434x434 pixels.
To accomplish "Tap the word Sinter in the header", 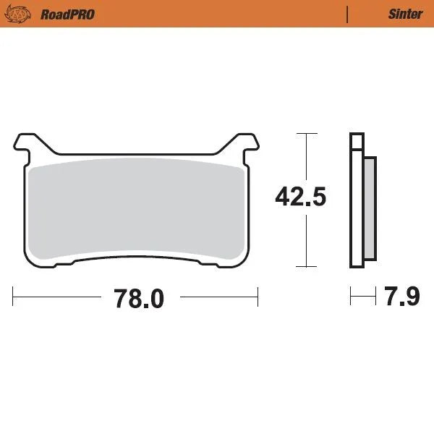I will (405, 14).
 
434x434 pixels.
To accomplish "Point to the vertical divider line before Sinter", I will (349, 14).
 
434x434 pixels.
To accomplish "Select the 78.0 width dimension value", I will (137, 297).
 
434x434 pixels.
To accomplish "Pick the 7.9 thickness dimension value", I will (401, 297).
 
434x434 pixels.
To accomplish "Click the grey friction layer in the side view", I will (369, 209).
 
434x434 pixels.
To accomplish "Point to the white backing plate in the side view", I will (355, 203).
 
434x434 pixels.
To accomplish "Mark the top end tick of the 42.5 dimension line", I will (307, 134).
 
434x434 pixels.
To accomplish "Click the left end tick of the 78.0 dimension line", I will (14, 296).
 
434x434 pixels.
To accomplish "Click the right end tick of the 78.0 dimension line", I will (258, 296).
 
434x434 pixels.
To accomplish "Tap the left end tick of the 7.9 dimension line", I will (351, 296).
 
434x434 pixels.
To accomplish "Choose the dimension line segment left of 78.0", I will (58, 296).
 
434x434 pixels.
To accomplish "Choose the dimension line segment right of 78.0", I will (217, 296).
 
